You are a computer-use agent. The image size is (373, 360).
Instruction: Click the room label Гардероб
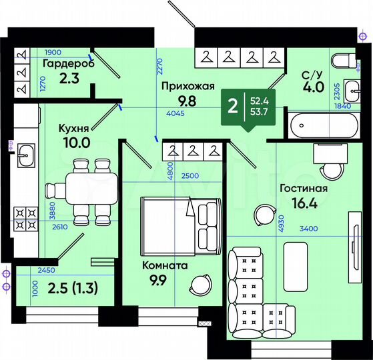68,64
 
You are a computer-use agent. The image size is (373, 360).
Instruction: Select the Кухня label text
73,128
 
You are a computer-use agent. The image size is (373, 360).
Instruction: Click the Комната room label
165,265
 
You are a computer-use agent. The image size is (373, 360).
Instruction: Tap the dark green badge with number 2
233,106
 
